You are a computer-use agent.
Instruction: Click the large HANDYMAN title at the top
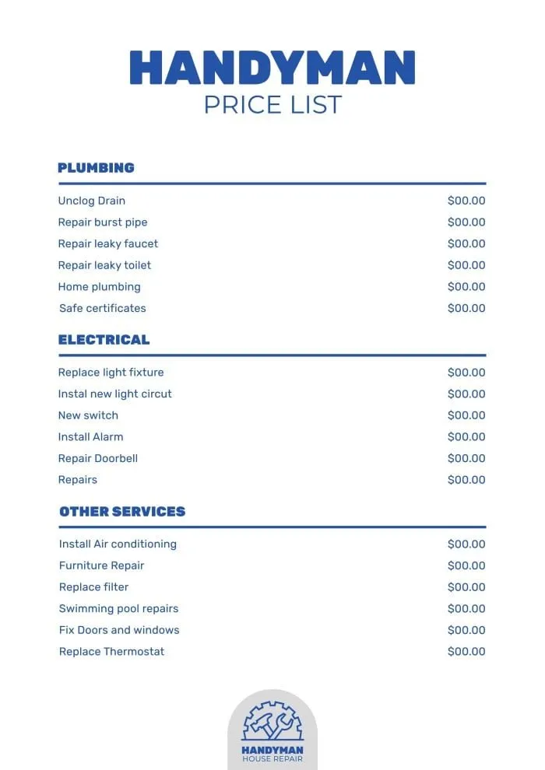click(x=272, y=68)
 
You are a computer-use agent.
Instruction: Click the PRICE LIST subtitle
click(x=272, y=104)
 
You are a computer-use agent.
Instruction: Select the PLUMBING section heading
click(x=96, y=167)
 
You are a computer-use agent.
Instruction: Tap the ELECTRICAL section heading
click(x=104, y=339)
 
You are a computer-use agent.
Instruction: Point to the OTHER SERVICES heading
click(x=122, y=511)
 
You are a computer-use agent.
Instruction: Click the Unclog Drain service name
click(x=91, y=201)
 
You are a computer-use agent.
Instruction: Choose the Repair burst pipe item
click(x=102, y=222)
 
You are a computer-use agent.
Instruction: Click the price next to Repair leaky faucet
click(x=466, y=243)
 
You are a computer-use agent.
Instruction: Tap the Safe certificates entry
click(x=102, y=308)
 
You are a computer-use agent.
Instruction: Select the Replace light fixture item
click(x=111, y=373)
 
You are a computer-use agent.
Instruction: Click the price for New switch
click(x=466, y=415)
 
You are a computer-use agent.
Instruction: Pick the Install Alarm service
click(x=90, y=437)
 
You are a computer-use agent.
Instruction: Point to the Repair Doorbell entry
click(x=97, y=458)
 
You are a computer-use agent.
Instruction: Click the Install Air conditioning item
click(x=118, y=544)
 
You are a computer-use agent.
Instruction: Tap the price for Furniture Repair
click(x=466, y=565)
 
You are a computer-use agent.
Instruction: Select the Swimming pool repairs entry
click(x=118, y=608)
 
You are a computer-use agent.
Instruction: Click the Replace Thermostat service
click(x=111, y=652)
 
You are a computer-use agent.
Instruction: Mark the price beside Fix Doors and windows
click(x=466, y=630)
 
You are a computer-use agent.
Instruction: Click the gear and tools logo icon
click(x=272, y=722)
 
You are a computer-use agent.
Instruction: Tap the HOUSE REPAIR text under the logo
click(x=272, y=759)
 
